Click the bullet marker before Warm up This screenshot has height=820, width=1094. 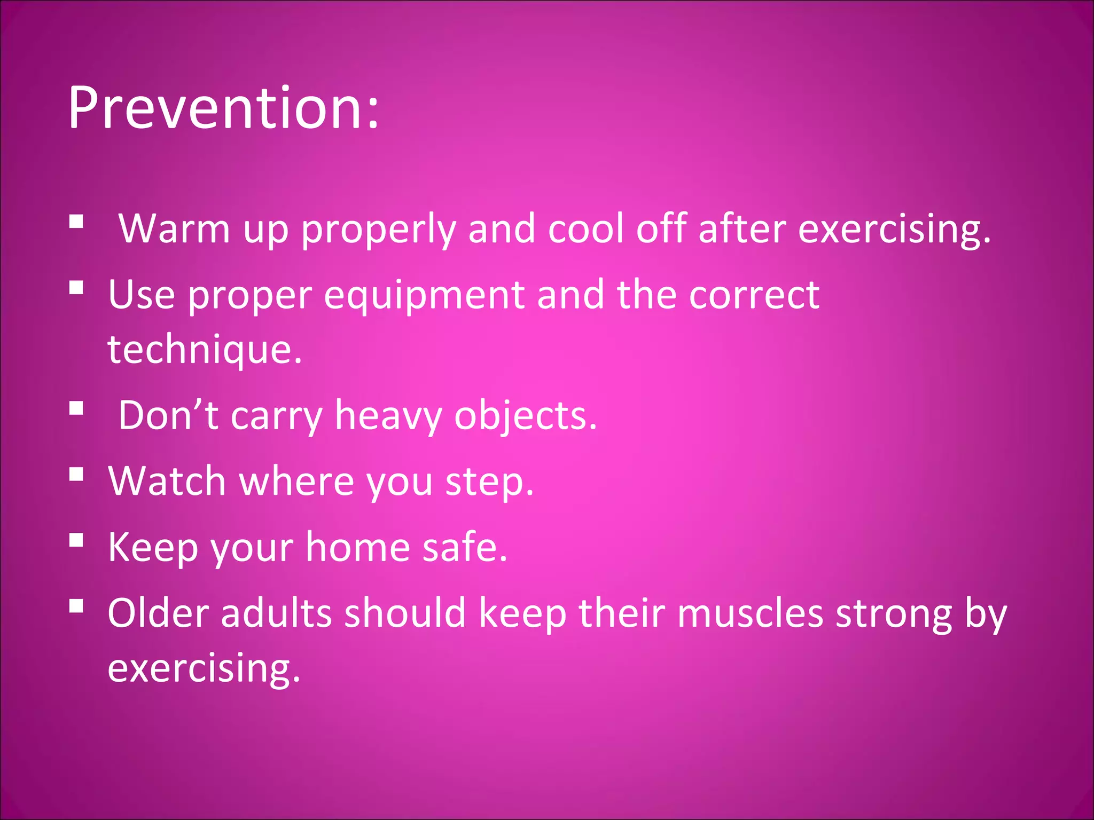[x=76, y=222]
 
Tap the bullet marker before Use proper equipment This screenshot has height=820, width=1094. [x=76, y=288]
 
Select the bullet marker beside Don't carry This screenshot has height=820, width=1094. [x=76, y=408]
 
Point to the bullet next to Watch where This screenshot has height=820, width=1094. [x=76, y=474]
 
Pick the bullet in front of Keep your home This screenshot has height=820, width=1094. [x=76, y=540]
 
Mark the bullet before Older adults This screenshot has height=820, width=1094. [x=76, y=606]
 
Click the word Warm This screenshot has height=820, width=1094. [x=174, y=228]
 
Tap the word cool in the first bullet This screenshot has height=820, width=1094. [x=585, y=228]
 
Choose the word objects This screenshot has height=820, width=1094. [x=525, y=415]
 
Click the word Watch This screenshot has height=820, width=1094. [x=167, y=481]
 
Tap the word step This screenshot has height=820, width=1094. [x=489, y=482]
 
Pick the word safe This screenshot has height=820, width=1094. [x=465, y=547]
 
